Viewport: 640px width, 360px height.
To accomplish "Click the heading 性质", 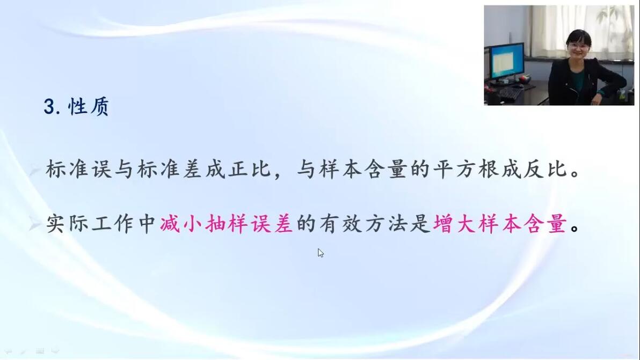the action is pyautogui.click(x=89, y=107).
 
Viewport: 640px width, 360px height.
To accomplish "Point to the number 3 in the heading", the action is pyautogui.click(x=49, y=107).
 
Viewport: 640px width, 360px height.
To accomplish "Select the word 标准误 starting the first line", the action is pyautogui.click(x=78, y=169).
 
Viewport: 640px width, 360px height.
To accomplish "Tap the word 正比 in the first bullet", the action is pyautogui.click(x=249, y=169).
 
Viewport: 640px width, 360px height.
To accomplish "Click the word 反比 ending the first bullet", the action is pyautogui.click(x=545, y=169).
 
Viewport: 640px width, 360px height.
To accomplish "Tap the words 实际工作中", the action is pyautogui.click(x=101, y=223).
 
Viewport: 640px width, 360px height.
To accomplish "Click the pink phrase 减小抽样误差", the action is pyautogui.click(x=226, y=223).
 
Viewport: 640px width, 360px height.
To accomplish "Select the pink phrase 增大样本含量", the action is pyautogui.click(x=499, y=223).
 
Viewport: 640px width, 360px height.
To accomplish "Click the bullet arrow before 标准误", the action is pyautogui.click(x=35, y=169).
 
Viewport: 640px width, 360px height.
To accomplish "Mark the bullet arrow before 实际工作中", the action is pyautogui.click(x=35, y=224).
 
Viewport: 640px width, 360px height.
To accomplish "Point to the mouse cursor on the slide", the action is pyautogui.click(x=321, y=253).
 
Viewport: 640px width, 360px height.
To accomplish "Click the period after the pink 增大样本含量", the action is pyautogui.click(x=574, y=229).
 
